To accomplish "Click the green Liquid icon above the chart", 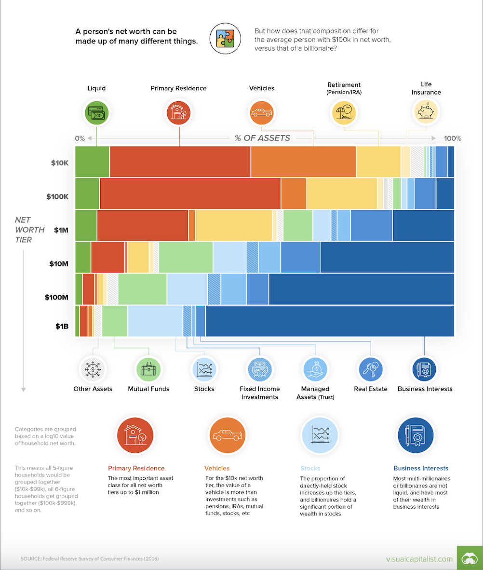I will [96, 113].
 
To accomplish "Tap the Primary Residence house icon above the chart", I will [179, 113].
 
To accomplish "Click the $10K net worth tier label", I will [60, 163].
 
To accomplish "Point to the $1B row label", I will [62, 326].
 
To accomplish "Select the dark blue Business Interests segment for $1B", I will [329, 321].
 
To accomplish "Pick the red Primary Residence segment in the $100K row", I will [190, 194].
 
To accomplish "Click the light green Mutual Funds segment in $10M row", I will [186, 258].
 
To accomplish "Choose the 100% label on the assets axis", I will [452, 138].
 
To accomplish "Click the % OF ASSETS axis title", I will [263, 138].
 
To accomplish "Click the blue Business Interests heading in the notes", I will [421, 468].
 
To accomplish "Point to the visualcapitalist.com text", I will [419, 559].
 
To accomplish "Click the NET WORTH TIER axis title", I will [30, 230].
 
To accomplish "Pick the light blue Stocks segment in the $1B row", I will [155, 321].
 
